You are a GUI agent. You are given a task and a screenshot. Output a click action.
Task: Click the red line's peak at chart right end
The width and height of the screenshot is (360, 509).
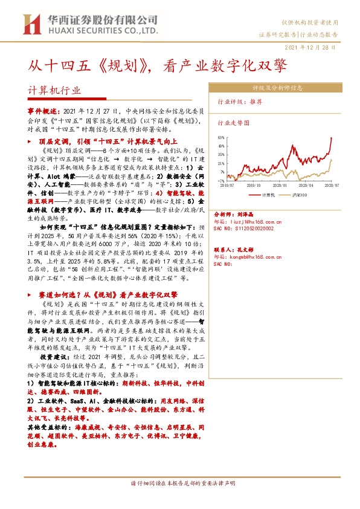pos(332,138)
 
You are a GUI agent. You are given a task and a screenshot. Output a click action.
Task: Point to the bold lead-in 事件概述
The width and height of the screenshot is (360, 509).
pos(44,112)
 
